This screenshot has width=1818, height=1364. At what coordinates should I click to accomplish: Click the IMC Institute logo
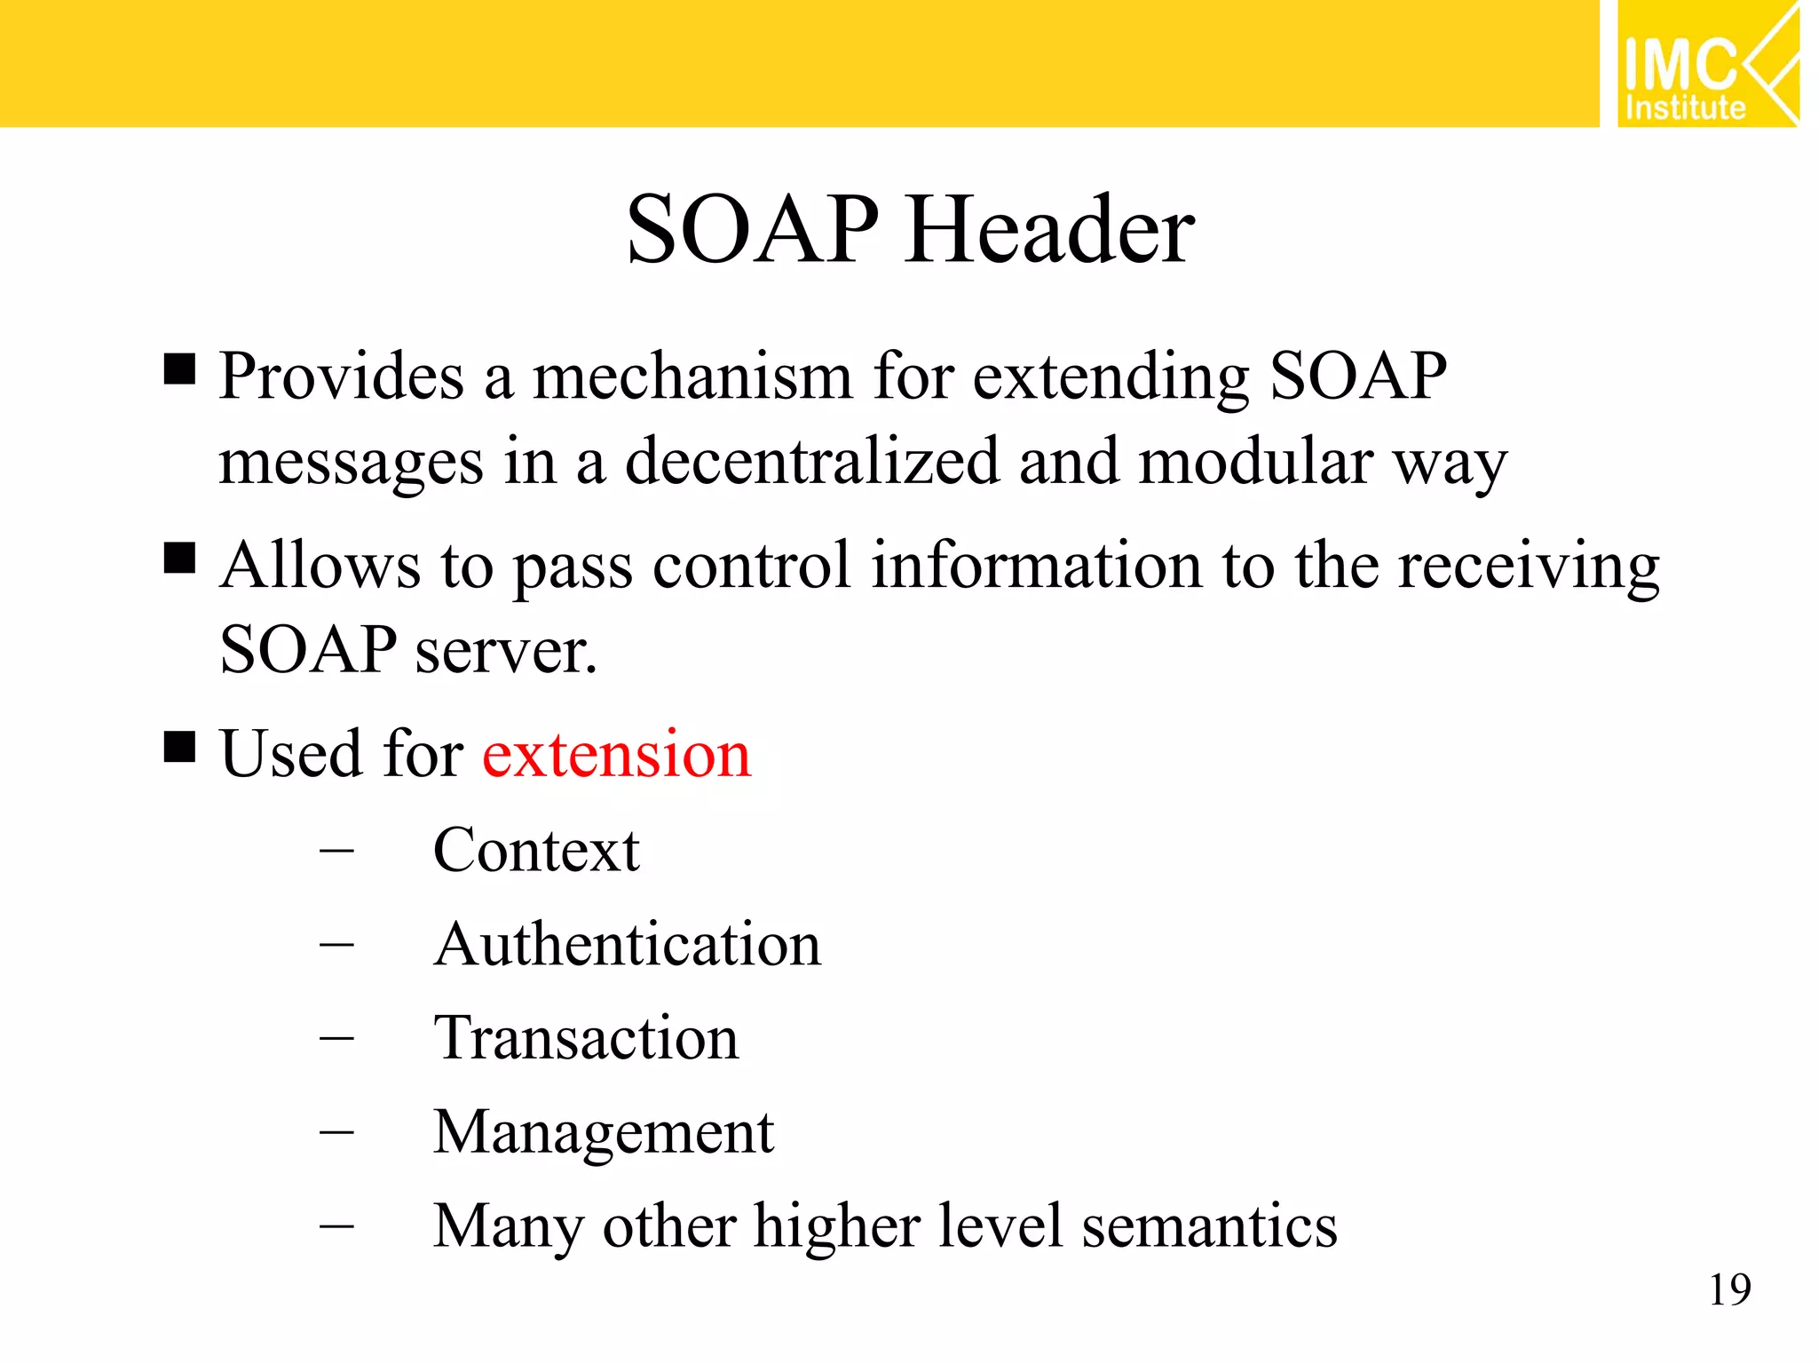[x=1706, y=64]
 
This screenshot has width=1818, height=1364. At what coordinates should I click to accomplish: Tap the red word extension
[x=616, y=754]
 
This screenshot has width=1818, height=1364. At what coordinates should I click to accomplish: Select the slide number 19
[x=1729, y=1289]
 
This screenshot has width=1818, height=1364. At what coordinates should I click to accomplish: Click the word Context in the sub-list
[x=536, y=850]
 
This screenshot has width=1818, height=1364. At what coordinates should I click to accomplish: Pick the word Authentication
[x=628, y=944]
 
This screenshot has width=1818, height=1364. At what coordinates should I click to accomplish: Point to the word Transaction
[x=586, y=1038]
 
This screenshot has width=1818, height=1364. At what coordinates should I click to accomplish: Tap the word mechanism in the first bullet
[x=692, y=377]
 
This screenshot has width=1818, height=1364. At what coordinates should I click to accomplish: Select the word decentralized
[x=811, y=462]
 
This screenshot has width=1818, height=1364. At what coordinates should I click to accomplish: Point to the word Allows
[x=320, y=565]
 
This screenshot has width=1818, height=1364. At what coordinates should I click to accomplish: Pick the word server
[x=506, y=651]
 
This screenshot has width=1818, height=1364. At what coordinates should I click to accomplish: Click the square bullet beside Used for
[x=179, y=747]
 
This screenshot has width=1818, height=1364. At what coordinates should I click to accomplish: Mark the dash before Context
[x=336, y=851]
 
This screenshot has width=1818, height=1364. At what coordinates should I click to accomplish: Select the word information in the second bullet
[x=1036, y=565]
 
